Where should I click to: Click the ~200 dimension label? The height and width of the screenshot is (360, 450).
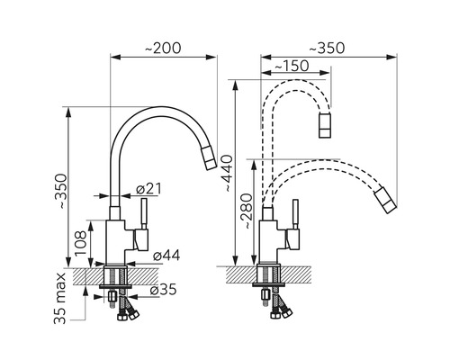click(163, 49)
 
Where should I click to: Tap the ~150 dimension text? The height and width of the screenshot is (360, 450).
click(292, 66)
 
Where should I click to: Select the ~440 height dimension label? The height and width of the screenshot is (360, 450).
click(227, 173)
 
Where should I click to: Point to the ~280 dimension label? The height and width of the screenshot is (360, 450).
click(247, 211)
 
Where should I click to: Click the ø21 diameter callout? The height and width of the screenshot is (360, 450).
click(148, 189)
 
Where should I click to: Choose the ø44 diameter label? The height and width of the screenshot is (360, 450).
click(166, 256)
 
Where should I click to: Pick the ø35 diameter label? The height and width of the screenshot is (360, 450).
click(163, 290)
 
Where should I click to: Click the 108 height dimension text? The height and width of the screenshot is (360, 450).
click(80, 243)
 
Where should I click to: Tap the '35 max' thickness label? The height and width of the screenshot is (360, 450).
click(59, 298)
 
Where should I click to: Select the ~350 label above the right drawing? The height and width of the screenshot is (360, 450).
click(327, 49)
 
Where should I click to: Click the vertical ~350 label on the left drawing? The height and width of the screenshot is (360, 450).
click(62, 191)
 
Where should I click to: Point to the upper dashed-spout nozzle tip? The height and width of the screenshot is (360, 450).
click(325, 125)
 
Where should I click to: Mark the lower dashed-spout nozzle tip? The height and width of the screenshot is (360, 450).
click(385, 201)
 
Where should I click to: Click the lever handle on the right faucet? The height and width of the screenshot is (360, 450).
click(295, 214)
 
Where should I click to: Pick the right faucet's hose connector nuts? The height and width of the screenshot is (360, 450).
click(281, 314)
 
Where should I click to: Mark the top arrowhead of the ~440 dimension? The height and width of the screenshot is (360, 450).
click(236, 85)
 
